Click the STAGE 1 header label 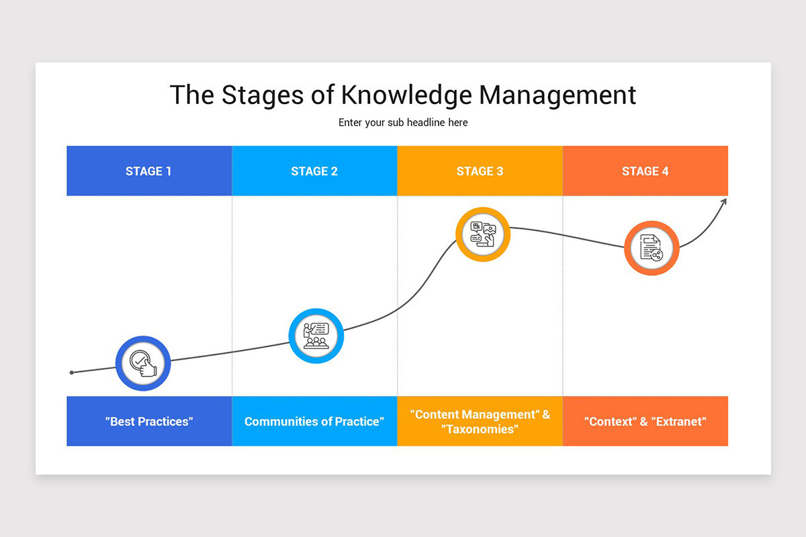pos(148,171)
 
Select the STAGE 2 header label pos(314,171)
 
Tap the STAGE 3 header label pos(480,171)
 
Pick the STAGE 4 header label pos(645,171)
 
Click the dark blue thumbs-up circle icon pos(143,363)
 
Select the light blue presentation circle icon pos(316,336)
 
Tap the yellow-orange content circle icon pos(483,235)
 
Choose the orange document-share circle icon pos(652,248)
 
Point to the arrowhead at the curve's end pos(724,201)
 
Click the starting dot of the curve pos(72,372)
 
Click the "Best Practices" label pos(149,422)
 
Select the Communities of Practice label pos(314,422)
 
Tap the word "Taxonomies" pos(480,429)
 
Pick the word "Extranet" pos(679,422)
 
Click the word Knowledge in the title pos(406,95)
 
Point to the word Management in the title pos(557,95)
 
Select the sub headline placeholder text pos(403,123)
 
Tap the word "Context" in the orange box pos(611,422)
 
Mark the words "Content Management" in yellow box pos(474,414)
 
